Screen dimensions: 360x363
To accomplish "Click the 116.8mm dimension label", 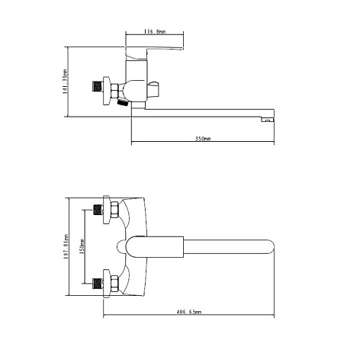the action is pyautogui.click(x=155, y=31).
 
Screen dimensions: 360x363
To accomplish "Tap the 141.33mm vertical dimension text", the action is pyautogui.click(x=66, y=82).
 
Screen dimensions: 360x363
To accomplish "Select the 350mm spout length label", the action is pyautogui.click(x=203, y=139).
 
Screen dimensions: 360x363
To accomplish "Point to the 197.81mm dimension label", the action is pyautogui.click(x=66, y=246).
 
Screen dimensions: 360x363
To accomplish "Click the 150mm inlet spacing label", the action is pyautogui.click(x=82, y=246).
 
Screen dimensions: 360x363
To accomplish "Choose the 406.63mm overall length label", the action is pyautogui.click(x=189, y=312).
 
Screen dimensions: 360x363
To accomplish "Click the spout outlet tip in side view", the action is pyautogui.click(x=267, y=119).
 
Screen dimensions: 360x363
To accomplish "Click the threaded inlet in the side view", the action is pyautogui.click(x=97, y=86).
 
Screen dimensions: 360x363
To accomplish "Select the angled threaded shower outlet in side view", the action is pyautogui.click(x=122, y=103).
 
